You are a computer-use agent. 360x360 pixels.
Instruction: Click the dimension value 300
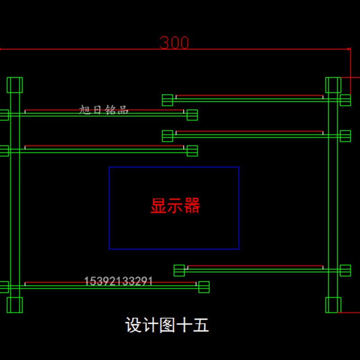(174, 42)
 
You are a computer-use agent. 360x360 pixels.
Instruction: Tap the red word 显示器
(175, 206)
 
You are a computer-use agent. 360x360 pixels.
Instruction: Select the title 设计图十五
(167, 325)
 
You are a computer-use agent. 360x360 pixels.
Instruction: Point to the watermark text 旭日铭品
(104, 109)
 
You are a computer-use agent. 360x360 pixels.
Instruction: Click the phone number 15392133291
(119, 282)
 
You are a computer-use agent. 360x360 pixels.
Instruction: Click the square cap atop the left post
(14, 85)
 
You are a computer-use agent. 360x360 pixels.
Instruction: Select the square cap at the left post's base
(14, 305)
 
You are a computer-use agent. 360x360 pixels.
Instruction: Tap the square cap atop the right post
(333, 85)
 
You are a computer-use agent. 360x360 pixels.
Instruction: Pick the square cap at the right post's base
(333, 305)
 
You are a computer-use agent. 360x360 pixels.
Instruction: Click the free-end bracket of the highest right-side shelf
(167, 100)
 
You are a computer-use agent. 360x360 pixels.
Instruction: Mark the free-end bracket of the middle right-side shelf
(167, 135)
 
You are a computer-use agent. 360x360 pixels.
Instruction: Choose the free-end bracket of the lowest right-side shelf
(179, 270)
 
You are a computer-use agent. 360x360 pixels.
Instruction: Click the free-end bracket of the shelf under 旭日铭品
(192, 115)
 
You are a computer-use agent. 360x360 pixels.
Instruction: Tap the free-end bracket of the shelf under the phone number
(204, 287)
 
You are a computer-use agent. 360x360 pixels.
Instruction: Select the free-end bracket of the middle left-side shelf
(192, 150)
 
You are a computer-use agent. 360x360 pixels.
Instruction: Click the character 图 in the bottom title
(167, 325)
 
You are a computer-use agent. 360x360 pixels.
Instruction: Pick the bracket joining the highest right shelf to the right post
(345, 100)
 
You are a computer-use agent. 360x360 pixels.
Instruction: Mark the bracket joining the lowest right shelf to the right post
(345, 270)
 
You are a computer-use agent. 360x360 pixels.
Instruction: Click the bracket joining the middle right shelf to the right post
(345, 135)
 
